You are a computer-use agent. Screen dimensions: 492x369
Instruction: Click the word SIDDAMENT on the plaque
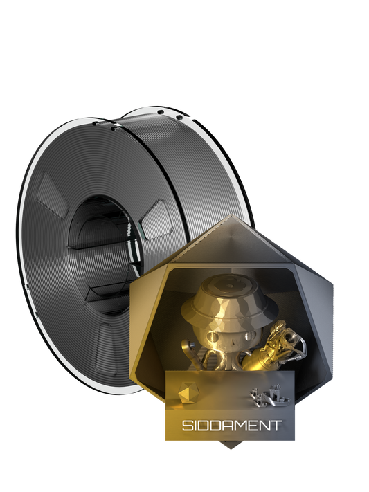point(232,425)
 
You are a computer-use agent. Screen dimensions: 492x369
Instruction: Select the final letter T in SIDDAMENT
point(277,425)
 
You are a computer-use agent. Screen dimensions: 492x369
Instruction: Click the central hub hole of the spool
point(104,235)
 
